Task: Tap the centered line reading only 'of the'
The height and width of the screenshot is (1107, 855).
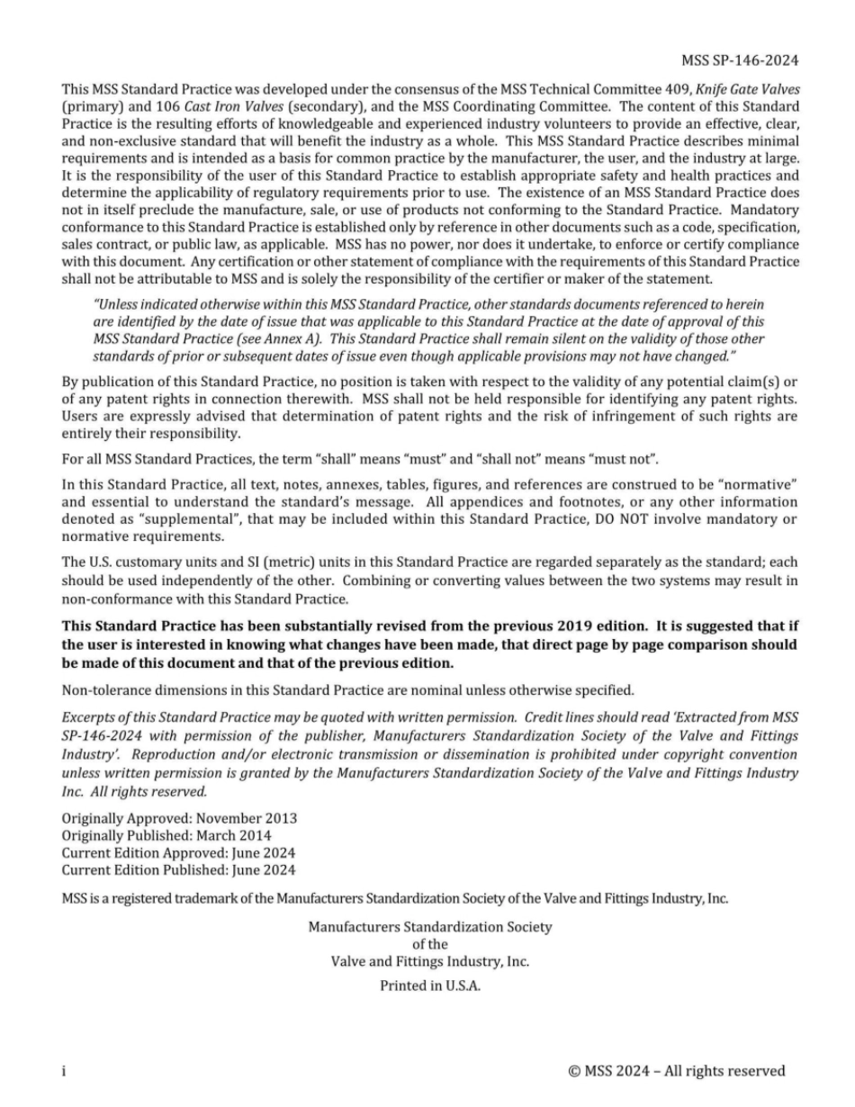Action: click(x=429, y=943)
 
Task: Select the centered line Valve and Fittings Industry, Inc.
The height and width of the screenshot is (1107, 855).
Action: click(x=429, y=960)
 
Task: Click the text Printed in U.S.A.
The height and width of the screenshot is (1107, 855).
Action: click(x=429, y=985)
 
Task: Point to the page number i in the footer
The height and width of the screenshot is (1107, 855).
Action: click(x=63, y=1071)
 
